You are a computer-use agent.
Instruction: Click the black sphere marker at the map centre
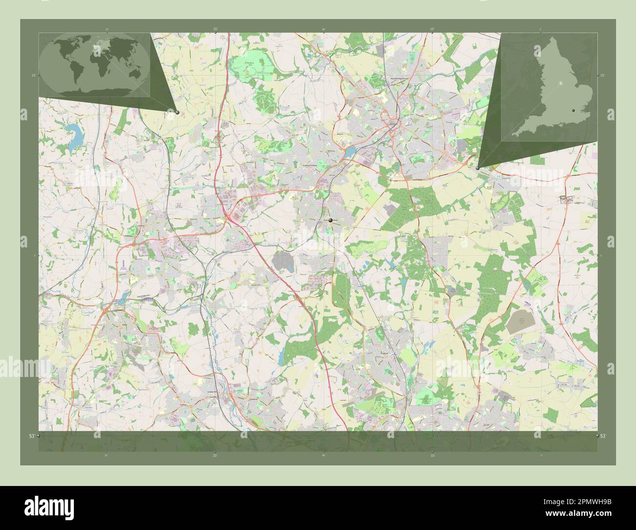(x=331, y=221)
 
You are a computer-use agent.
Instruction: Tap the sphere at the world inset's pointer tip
(x=177, y=112)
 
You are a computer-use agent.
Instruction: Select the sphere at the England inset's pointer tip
(x=477, y=168)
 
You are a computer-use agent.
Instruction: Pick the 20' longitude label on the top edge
(x=215, y=29)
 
